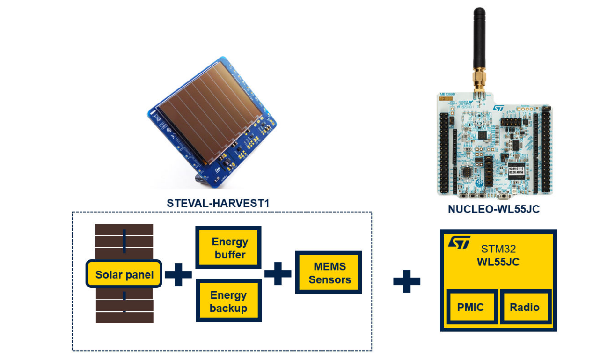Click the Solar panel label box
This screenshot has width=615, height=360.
point(124,274)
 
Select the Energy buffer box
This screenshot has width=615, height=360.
point(228,248)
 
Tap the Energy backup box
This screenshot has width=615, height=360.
point(228,301)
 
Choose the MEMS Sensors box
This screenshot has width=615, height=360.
point(329,273)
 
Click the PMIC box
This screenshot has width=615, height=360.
point(470,307)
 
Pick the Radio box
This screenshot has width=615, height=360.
point(524,307)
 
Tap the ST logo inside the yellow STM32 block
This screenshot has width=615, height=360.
point(458,242)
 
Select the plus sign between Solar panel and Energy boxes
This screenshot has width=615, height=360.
point(178,274)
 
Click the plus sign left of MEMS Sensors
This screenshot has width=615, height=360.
point(278,273)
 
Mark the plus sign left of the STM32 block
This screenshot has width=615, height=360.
point(406,281)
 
